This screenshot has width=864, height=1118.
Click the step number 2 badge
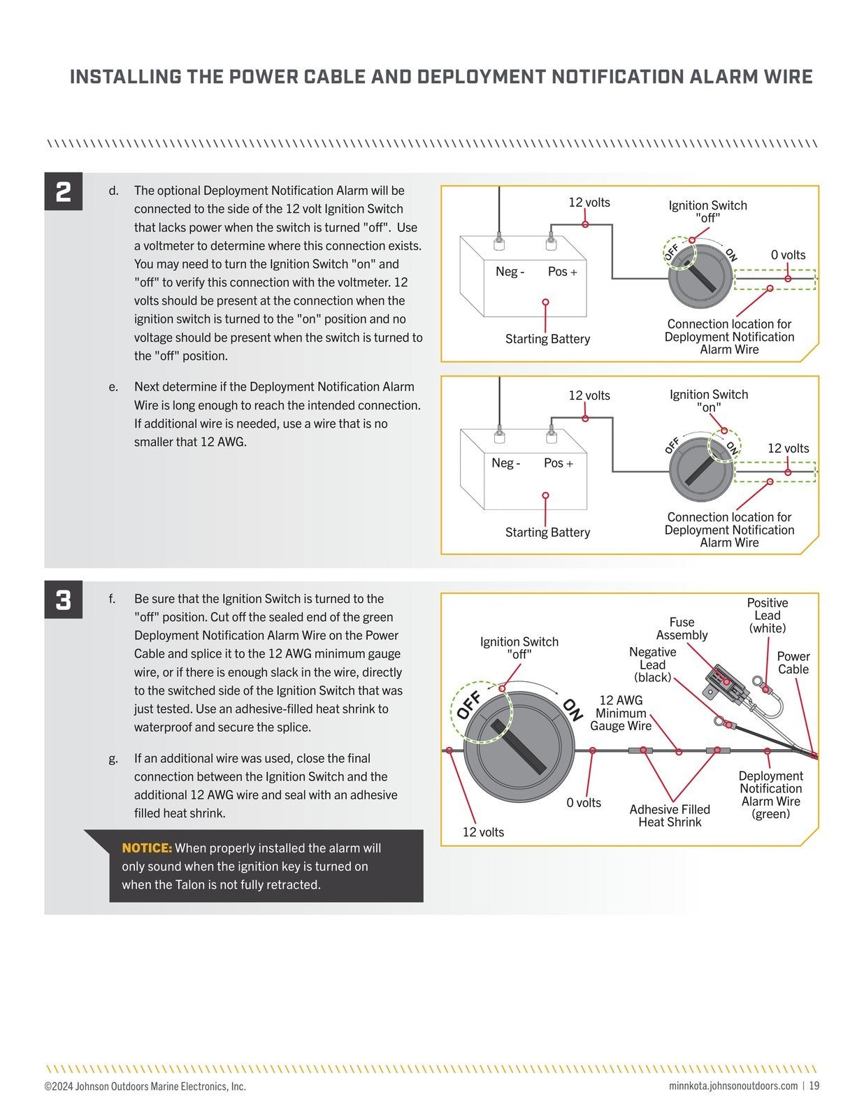click(64, 191)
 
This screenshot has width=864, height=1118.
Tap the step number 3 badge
click(64, 600)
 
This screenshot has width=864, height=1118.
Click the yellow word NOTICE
click(147, 848)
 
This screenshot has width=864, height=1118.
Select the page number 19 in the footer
click(814, 1086)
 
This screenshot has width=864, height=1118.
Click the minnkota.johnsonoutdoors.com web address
click(733, 1086)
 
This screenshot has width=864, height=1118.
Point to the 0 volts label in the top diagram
click(788, 255)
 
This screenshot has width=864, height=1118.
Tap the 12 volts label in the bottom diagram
click(483, 832)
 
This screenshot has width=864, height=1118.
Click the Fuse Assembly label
click(682, 628)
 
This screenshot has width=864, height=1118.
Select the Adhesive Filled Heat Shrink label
click(670, 815)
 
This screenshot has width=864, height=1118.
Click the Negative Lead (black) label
click(652, 665)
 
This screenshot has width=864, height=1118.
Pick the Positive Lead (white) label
click(767, 615)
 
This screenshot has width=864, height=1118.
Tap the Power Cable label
click(793, 662)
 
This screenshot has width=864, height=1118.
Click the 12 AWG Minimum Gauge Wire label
click(621, 713)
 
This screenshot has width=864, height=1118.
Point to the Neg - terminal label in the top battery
click(510, 272)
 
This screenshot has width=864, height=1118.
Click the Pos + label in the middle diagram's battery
click(559, 463)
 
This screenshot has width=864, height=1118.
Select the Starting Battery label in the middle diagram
click(547, 532)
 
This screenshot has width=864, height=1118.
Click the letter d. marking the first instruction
click(113, 191)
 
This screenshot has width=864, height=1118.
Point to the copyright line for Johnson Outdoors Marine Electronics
click(145, 1086)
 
